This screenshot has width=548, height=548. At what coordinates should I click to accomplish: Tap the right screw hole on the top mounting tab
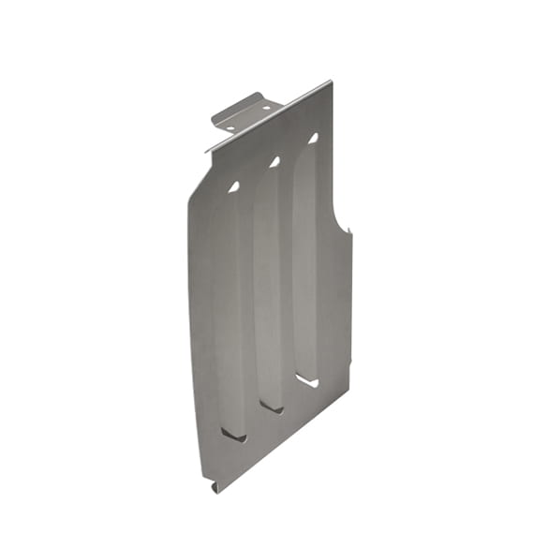pos(266,109)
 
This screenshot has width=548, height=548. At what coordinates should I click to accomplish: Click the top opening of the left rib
pos(233,186)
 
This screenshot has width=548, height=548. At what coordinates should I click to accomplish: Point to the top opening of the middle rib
pos(274,162)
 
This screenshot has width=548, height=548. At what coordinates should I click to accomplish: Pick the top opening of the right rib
pos(313,138)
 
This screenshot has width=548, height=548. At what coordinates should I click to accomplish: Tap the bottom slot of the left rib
pos(233,435)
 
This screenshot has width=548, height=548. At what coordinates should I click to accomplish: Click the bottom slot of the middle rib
pos(273,407)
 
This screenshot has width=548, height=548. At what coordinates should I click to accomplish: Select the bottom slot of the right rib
pos(308,380)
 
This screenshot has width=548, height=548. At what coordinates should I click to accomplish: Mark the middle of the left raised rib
pos(229,309)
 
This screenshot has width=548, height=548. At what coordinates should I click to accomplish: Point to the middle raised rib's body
pos(269,281)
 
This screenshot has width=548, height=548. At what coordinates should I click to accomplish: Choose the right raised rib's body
pos(306,258)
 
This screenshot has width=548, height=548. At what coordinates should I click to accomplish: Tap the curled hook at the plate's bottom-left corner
pos(215,486)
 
